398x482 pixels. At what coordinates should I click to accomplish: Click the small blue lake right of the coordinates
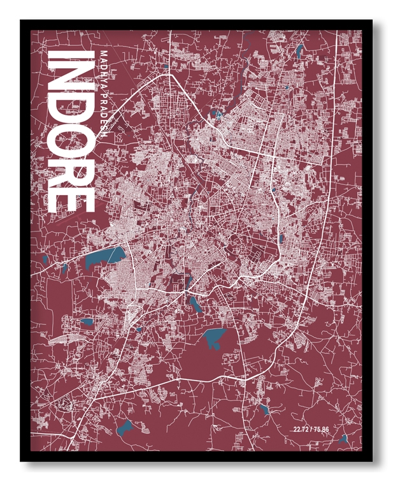coord(343,439)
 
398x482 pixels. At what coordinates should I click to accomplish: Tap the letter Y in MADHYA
coord(104,77)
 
